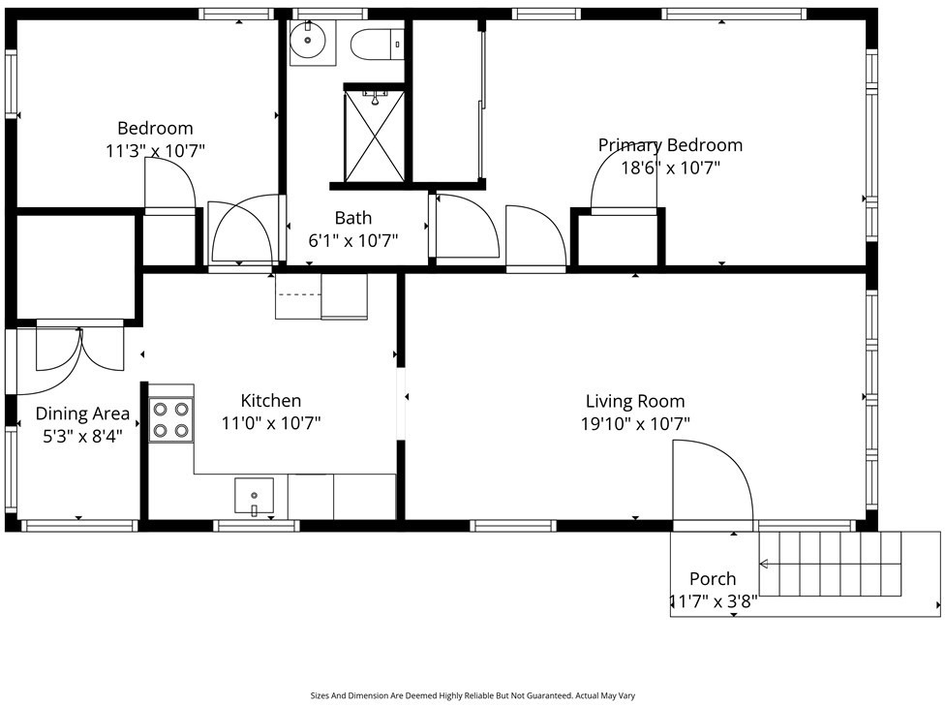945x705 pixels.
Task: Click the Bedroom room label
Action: [x=155, y=129]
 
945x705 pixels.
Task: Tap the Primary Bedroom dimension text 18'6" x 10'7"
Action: [x=671, y=168]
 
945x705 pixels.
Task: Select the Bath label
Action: [x=353, y=218]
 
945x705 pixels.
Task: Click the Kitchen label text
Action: [x=270, y=401]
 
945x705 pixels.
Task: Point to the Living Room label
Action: [x=635, y=401]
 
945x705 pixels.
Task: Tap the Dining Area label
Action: [x=82, y=414]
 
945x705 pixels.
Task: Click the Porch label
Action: [x=713, y=579]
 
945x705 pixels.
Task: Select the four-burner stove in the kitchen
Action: [x=171, y=420]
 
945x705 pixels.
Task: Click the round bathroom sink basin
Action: [x=308, y=41]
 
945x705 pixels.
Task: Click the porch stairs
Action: [x=829, y=564]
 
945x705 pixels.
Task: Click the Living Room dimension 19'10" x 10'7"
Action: [x=635, y=424]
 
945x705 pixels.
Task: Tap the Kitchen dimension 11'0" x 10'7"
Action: [x=270, y=423]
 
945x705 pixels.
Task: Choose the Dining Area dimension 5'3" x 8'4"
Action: [x=82, y=436]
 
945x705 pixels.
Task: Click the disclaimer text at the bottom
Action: [x=472, y=696]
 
